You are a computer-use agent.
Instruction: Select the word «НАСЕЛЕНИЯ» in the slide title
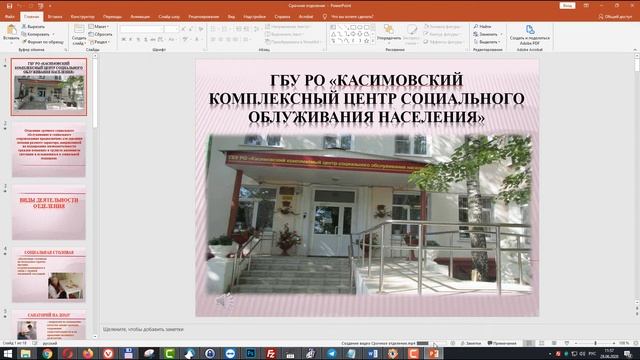click(x=421, y=117)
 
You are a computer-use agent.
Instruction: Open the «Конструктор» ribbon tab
click(x=84, y=17)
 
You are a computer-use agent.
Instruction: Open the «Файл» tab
click(x=10, y=17)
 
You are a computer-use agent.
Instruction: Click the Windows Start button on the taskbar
click(x=7, y=353)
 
